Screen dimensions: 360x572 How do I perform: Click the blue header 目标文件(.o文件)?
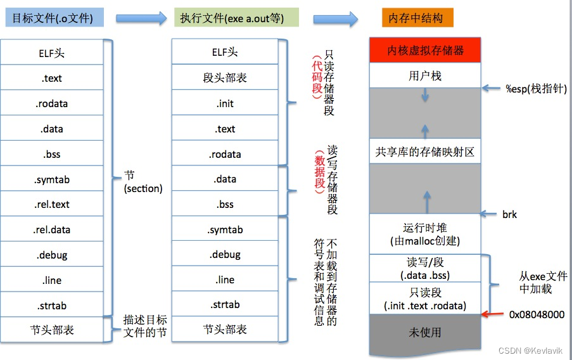tap(53, 18)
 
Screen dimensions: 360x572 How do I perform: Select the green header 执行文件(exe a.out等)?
tap(236, 18)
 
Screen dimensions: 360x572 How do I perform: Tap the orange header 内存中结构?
tap(417, 18)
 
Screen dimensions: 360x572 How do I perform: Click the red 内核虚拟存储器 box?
tap(425, 51)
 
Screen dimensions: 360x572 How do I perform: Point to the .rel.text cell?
tap(52, 205)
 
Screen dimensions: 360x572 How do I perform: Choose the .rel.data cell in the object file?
tap(52, 230)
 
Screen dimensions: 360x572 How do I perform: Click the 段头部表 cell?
tap(226, 79)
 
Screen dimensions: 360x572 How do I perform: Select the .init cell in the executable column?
tap(226, 104)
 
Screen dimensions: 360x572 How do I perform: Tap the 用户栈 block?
tap(425, 76)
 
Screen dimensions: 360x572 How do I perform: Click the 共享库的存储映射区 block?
tap(425, 152)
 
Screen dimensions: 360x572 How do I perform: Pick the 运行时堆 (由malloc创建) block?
tap(425, 234)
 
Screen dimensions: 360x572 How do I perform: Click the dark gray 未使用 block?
tap(425, 332)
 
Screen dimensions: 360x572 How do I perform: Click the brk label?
tap(509, 215)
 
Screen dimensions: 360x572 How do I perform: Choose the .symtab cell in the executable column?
tap(226, 230)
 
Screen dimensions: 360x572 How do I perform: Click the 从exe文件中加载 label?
tap(542, 283)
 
